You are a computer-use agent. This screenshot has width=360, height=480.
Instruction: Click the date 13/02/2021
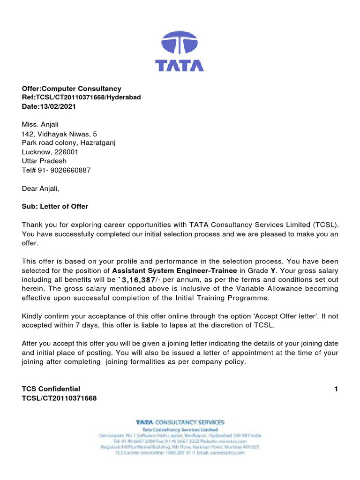point(58,106)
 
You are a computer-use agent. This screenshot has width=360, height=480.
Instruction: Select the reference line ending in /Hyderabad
point(81,97)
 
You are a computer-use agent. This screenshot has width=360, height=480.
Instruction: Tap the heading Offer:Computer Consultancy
point(71,89)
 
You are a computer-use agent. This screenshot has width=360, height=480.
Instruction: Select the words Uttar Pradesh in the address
point(44,161)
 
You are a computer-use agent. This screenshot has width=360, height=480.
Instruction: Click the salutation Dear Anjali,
point(41,188)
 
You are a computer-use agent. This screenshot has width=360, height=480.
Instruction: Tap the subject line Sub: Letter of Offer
point(55,206)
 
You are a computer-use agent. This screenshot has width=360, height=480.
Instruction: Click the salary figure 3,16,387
point(138,279)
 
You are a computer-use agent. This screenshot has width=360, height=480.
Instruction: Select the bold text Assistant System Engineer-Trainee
point(175,270)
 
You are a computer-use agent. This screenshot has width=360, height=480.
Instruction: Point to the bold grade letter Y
point(273,270)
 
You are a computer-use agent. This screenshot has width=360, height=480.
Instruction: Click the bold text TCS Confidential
point(51,389)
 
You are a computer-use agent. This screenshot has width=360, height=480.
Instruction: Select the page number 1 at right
point(336,389)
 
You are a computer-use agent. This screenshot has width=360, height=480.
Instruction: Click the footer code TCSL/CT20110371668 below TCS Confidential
point(59,398)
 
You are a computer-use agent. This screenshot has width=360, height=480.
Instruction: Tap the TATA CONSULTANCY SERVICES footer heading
point(180,422)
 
